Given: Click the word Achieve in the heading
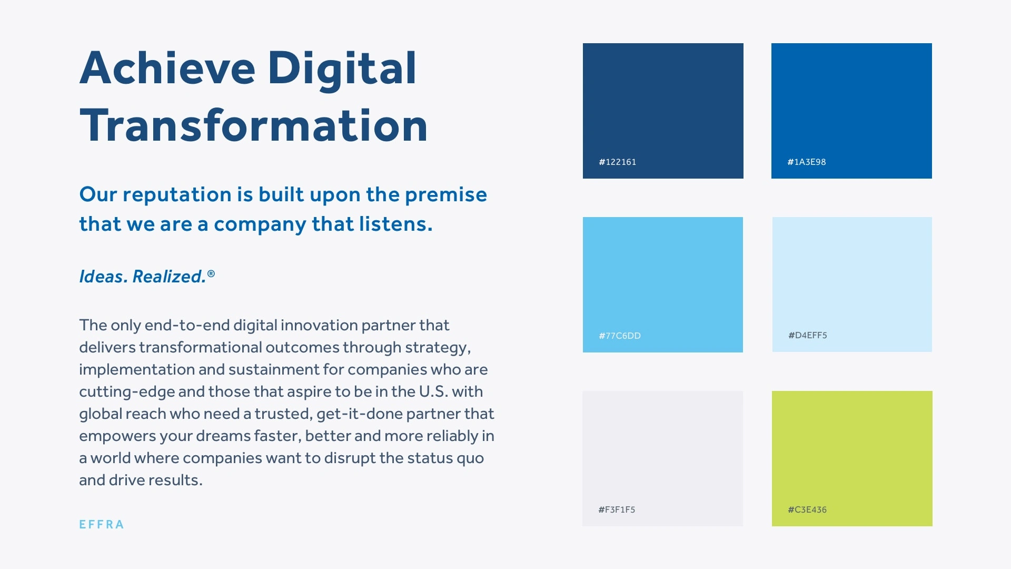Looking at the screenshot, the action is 167,68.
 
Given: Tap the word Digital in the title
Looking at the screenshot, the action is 342,70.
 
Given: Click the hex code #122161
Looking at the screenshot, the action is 617,162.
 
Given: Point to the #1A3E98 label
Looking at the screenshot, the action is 806,162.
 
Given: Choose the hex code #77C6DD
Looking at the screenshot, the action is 619,336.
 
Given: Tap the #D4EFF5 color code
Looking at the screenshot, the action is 807,335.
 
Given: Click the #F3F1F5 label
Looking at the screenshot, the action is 617,509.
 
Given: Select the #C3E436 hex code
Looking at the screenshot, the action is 807,509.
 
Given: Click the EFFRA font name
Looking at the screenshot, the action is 102,525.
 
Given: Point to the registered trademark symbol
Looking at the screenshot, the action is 211,273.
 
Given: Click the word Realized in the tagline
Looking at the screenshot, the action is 168,277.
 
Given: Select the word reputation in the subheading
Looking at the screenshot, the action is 177,195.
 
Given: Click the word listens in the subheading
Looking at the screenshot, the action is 395,224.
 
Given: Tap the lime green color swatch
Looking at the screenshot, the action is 852,458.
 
